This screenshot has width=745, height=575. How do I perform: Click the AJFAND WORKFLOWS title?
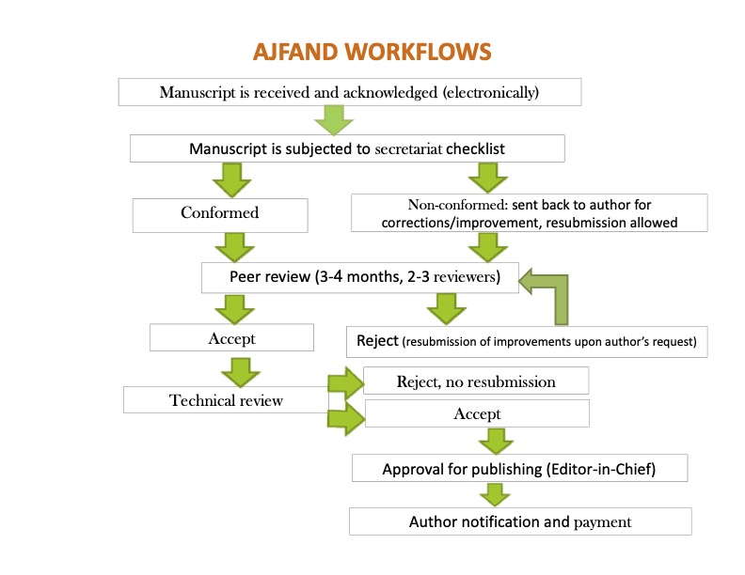click(372, 51)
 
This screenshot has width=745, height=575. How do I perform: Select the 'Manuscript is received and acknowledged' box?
click(349, 92)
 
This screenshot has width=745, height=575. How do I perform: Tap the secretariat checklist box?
click(347, 149)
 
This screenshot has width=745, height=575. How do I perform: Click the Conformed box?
click(219, 213)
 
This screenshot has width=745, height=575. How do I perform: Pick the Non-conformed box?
click(529, 213)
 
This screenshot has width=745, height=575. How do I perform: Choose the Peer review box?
click(359, 277)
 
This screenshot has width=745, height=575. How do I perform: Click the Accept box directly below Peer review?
click(231, 338)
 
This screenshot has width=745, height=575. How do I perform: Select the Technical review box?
click(226, 400)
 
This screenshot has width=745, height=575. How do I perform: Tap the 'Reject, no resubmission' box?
click(476, 381)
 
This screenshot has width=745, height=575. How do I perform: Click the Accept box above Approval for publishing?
click(477, 413)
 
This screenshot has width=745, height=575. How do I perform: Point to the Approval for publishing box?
click(520, 468)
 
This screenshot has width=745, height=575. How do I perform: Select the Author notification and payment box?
click(519, 521)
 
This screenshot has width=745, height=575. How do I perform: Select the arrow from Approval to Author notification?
click(495, 494)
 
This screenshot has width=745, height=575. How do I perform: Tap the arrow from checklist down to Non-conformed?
click(486, 177)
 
